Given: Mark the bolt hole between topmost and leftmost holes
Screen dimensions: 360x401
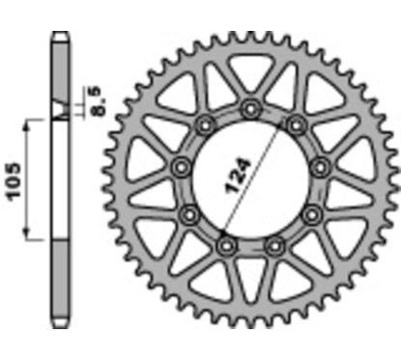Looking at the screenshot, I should [205, 125].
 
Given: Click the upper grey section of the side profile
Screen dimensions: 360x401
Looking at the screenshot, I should [59, 77].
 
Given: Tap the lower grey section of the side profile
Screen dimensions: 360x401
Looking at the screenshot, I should [59, 280].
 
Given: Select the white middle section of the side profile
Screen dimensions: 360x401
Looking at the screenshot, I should [59, 179].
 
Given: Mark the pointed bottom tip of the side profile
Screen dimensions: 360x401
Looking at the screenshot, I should [59, 323].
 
